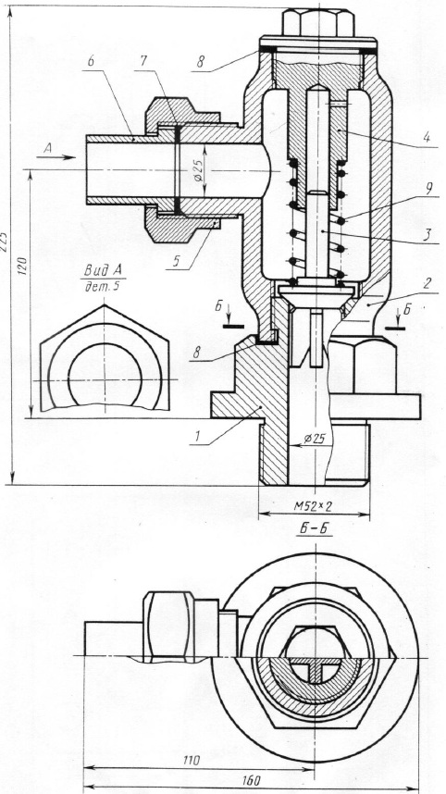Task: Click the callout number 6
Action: point(91,60)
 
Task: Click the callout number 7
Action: point(143,61)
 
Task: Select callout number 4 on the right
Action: point(427,137)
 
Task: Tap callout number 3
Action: point(427,234)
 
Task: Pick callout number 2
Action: point(427,283)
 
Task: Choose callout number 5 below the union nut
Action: point(177,261)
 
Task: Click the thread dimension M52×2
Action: point(314,505)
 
